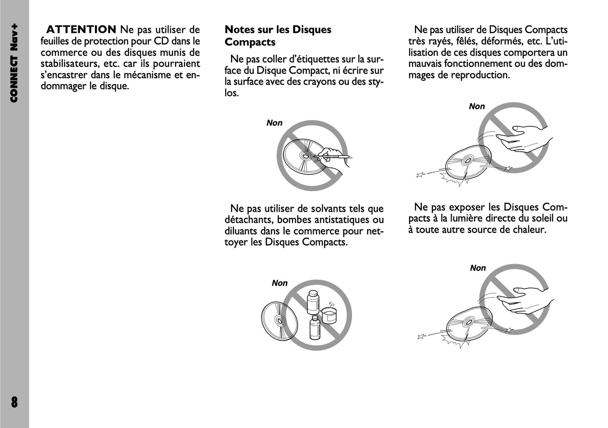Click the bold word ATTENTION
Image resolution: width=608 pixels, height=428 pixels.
pos(81,29)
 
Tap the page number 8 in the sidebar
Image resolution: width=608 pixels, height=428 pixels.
pos(14,402)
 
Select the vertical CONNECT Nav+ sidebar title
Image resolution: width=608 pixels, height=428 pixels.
pos(14,63)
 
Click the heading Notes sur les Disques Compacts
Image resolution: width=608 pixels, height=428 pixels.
pos(278,36)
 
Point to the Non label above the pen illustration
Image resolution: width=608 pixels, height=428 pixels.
pos(274,123)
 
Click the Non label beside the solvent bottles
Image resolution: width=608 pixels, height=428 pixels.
pos(279,283)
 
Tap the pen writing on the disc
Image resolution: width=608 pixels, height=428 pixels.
pos(331,156)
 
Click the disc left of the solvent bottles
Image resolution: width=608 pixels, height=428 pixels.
pos(279,322)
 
